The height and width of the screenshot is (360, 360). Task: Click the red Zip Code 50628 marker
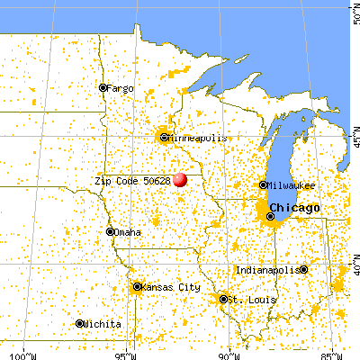[x=180, y=179]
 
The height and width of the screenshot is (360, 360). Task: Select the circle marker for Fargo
[x=103, y=88]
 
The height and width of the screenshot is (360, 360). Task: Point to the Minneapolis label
[x=193, y=138]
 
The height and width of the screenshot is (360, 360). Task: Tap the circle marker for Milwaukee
[x=263, y=185]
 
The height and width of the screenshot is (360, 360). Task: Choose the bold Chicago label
[x=303, y=209]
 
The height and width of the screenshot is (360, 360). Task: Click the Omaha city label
[x=127, y=232]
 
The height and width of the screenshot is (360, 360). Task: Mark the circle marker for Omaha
[x=110, y=232]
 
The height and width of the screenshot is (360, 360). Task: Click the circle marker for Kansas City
[x=137, y=287]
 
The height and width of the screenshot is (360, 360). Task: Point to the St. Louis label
[x=246, y=299]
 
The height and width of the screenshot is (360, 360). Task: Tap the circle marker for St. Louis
[x=222, y=299]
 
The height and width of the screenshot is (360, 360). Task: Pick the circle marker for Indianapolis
[x=304, y=269]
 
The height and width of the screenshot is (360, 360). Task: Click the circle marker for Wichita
[x=79, y=324]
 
